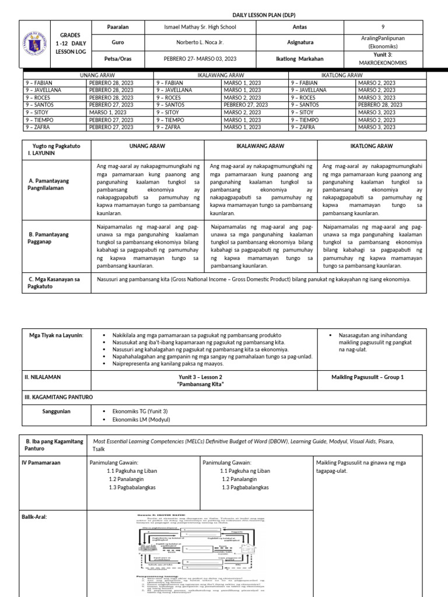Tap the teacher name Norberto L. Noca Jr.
tap(199, 43)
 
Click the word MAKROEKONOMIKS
tap(383, 62)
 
